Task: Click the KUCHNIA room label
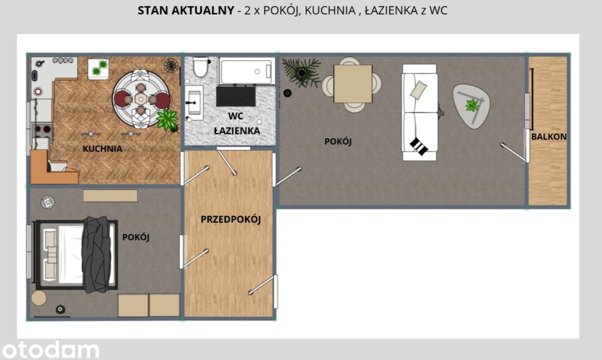(102, 148)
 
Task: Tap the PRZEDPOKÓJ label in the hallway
(231, 219)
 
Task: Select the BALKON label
(549, 136)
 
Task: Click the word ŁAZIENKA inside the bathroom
(237, 131)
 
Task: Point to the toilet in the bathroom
(201, 67)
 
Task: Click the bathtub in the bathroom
(247, 71)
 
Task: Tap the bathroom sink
(194, 103)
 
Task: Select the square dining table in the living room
(353, 84)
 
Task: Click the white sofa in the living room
(419, 112)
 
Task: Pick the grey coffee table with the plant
(472, 106)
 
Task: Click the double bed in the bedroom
(76, 254)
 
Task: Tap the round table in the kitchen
(141, 99)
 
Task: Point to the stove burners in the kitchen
(42, 130)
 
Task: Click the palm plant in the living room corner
(302, 73)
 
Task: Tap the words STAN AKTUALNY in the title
(186, 11)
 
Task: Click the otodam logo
(50, 349)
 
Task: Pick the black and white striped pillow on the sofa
(419, 146)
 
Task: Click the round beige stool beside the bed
(39, 298)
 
